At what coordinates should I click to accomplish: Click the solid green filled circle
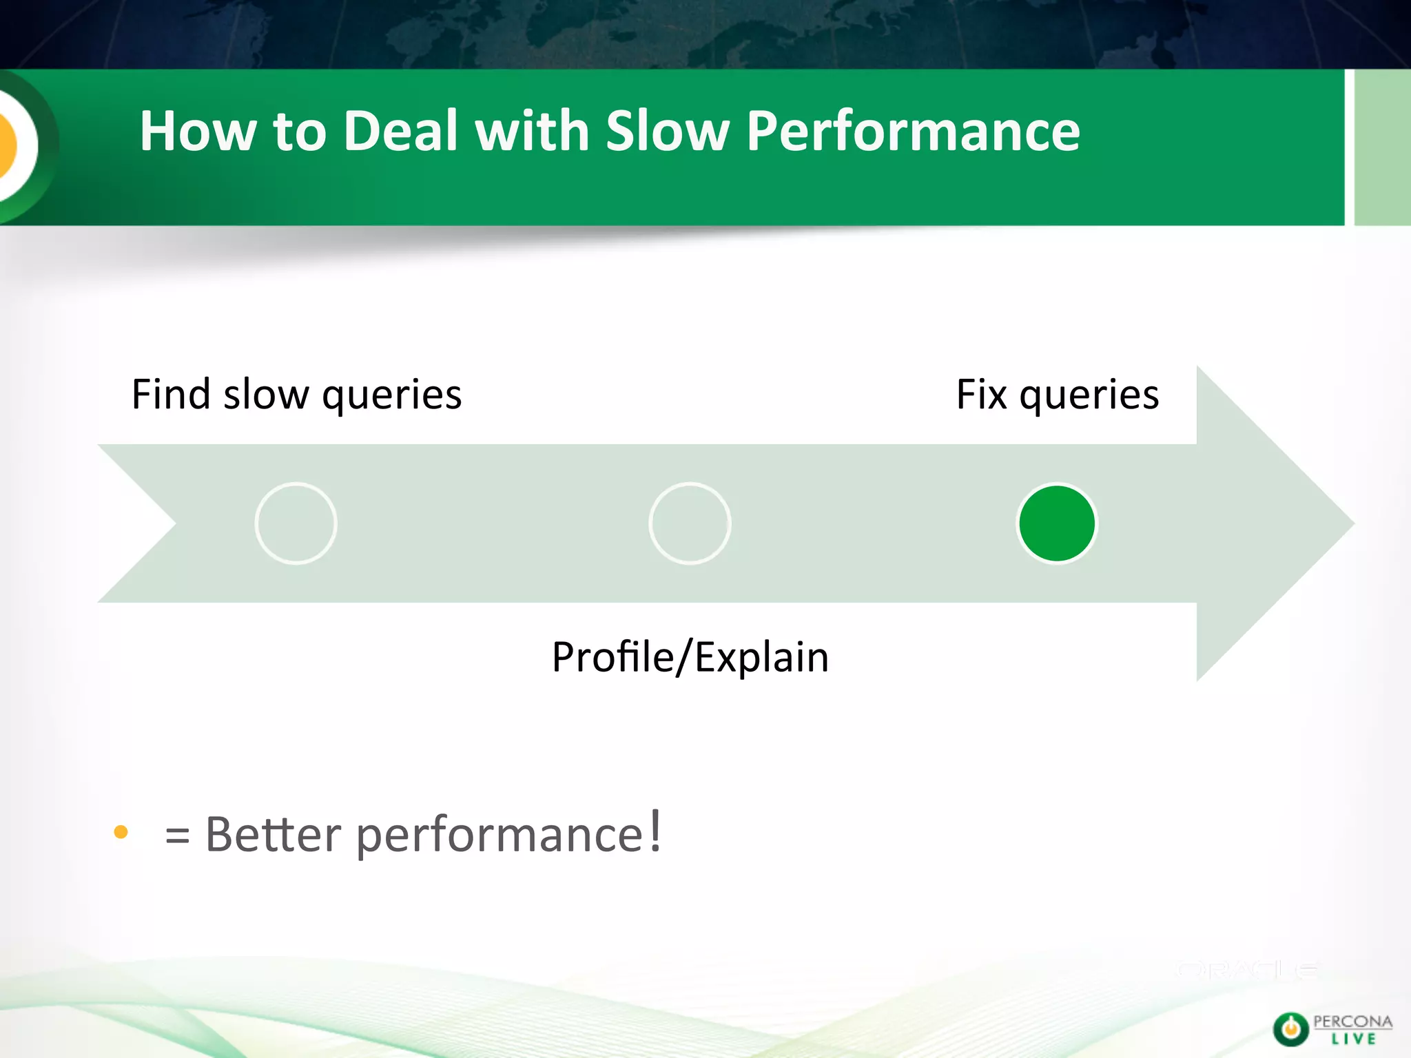pyautogui.click(x=1057, y=523)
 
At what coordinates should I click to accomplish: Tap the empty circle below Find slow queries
pyautogui.click(x=296, y=523)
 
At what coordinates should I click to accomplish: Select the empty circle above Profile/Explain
pyautogui.click(x=690, y=523)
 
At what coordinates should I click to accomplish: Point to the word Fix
pyautogui.click(x=981, y=395)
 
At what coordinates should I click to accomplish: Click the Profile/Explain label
pyautogui.click(x=690, y=657)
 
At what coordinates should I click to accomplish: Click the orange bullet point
pyautogui.click(x=121, y=832)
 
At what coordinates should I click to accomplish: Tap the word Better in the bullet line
pyautogui.click(x=273, y=834)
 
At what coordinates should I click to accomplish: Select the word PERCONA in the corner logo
pyautogui.click(x=1352, y=1021)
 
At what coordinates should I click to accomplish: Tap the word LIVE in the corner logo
pyautogui.click(x=1353, y=1039)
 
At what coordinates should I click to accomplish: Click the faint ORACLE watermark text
pyautogui.click(x=1247, y=971)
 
